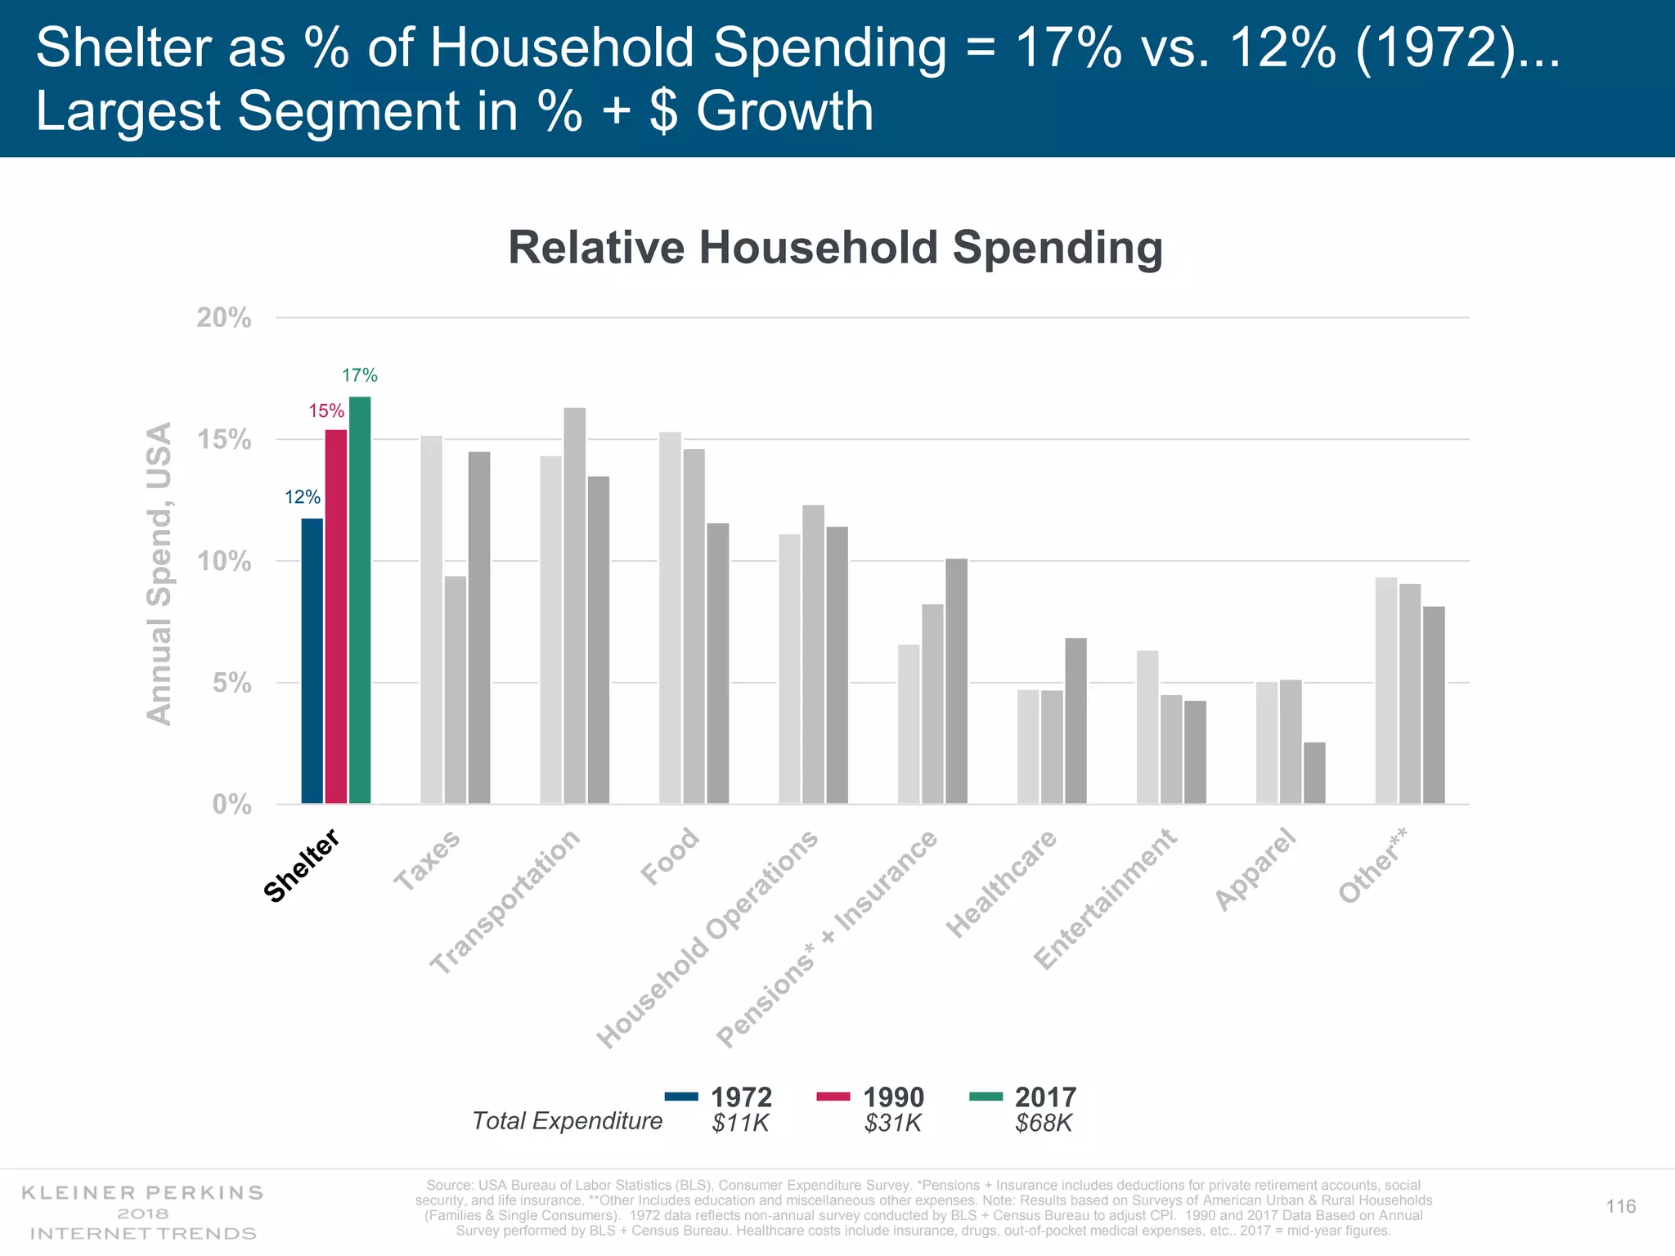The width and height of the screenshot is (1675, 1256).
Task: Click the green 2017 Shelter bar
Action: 360,600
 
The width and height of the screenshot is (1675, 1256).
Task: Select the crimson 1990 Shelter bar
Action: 335,617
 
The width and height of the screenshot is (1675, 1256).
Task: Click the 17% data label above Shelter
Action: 359,375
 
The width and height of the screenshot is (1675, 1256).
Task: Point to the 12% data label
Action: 302,497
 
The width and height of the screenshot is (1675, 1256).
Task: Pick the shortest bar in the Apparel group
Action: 1314,773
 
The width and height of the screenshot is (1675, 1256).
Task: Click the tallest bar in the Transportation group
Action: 574,605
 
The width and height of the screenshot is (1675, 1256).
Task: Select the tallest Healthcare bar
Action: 1076,720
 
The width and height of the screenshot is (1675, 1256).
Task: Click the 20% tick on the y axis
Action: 223,318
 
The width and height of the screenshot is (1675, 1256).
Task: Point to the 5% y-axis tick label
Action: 231,684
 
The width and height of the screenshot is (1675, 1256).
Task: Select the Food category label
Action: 670,856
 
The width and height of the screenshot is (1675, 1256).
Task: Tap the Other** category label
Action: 1373,865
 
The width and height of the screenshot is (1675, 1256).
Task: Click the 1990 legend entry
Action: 871,1097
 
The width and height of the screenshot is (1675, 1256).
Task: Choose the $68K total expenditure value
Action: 1043,1123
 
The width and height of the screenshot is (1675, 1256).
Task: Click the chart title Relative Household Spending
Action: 835,247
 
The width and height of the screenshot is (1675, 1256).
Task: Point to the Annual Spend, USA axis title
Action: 159,573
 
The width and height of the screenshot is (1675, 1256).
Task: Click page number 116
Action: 1620,1206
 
